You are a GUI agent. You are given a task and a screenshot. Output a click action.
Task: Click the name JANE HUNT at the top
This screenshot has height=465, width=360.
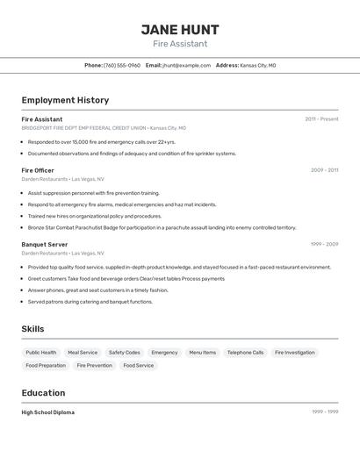pyautogui.click(x=180, y=29)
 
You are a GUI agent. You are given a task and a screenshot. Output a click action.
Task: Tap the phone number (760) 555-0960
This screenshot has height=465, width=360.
pyautogui.click(x=122, y=65)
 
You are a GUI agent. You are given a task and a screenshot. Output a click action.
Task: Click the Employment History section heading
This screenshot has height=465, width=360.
pyautogui.click(x=65, y=100)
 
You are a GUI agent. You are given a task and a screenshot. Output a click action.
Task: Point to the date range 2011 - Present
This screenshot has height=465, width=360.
pyautogui.click(x=321, y=119)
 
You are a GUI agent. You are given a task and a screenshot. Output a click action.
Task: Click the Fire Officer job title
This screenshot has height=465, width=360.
pyautogui.click(x=38, y=170)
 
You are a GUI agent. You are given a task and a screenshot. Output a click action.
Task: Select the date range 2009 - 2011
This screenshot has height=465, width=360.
pyautogui.click(x=324, y=170)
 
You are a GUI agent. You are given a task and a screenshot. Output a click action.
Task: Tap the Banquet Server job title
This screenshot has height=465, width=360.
pyautogui.click(x=45, y=244)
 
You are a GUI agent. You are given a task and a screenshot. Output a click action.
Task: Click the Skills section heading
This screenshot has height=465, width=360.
pyautogui.click(x=33, y=329)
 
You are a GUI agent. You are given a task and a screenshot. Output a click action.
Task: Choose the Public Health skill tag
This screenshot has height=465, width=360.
pyautogui.click(x=41, y=352)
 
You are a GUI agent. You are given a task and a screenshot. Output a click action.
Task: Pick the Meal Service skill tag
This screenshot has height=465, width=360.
pyautogui.click(x=83, y=352)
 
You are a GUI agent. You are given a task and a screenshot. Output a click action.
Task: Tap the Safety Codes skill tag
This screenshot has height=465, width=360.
pyautogui.click(x=125, y=352)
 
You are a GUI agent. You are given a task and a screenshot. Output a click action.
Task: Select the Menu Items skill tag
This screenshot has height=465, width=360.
pyautogui.click(x=203, y=352)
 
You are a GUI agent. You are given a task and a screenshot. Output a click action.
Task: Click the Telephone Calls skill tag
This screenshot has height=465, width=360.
pyautogui.click(x=245, y=352)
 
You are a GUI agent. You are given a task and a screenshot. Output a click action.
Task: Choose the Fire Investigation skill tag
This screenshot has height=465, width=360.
pyautogui.click(x=294, y=352)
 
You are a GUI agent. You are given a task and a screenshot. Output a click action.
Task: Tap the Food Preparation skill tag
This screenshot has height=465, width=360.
pyautogui.click(x=46, y=365)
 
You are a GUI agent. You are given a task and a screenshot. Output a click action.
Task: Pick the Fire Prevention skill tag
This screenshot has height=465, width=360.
pyautogui.click(x=94, y=365)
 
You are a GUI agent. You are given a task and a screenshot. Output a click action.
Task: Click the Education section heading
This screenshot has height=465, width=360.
pyautogui.click(x=43, y=393)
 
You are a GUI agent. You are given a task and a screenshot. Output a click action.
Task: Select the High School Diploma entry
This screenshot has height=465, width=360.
pyautogui.click(x=48, y=412)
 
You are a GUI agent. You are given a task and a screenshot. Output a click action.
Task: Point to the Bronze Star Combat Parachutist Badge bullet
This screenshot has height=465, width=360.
pyautogui.click(x=162, y=227)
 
